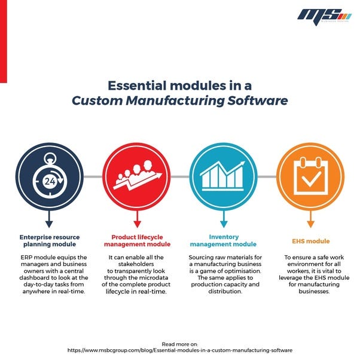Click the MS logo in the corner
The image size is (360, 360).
[x=324, y=14]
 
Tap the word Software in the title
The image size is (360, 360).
[x=259, y=100]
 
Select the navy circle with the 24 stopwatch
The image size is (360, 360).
[x=49, y=177]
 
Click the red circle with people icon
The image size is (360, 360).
[x=136, y=177]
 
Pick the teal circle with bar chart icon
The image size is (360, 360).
[x=223, y=177]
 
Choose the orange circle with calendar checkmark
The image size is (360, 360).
[x=310, y=177]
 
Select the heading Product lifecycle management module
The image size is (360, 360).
[x=136, y=240]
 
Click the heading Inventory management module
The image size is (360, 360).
[x=223, y=240]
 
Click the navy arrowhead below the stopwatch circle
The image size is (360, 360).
[x=49, y=224]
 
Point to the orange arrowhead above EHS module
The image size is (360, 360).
[x=310, y=224]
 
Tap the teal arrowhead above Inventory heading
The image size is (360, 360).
[x=223, y=224]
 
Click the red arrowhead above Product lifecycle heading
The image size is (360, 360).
[x=136, y=224]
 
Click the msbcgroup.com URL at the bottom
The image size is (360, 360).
[x=180, y=350]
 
